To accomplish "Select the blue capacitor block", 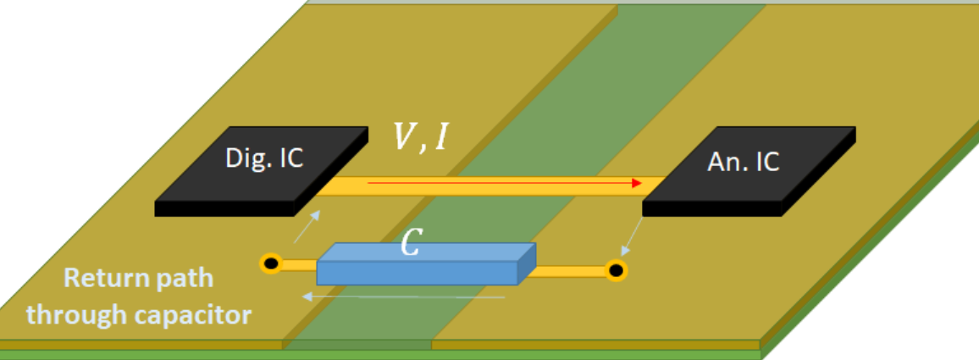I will point(423,264).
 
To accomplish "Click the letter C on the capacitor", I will point(410,245).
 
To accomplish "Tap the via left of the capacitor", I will point(271,264).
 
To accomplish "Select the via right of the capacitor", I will point(617,271).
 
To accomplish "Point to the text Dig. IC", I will point(263,158).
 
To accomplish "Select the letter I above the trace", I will point(440,138).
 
